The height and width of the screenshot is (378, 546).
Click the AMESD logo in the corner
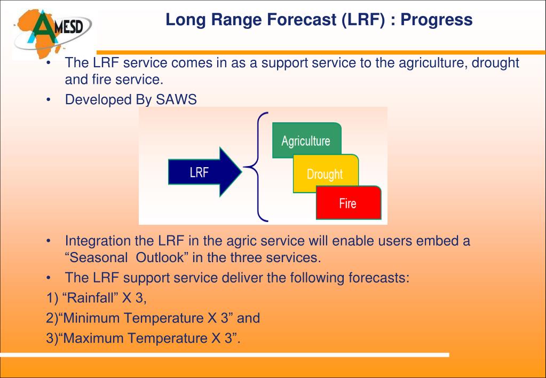pyautogui.click(x=52, y=34)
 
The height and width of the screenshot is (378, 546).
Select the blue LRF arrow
pyautogui.click(x=205, y=172)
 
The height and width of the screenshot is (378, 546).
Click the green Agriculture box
pyautogui.click(x=306, y=140)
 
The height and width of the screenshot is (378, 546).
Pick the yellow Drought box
pyautogui.click(x=326, y=174)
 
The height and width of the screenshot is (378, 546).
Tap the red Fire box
pyautogui.click(x=349, y=203)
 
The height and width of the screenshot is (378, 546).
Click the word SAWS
pyautogui.click(x=176, y=100)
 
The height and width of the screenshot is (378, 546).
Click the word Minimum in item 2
pyautogui.click(x=92, y=318)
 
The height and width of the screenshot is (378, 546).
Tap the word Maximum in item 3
pyautogui.click(x=94, y=338)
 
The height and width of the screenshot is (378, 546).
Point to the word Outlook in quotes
pyautogui.click(x=160, y=257)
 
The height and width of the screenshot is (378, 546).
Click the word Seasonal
pyautogui.click(x=99, y=257)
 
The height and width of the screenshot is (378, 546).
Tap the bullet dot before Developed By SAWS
pyautogui.click(x=49, y=100)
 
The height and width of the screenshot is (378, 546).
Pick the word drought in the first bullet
pyautogui.click(x=495, y=63)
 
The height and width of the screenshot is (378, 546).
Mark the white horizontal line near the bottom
pyautogui.click(x=225, y=355)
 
